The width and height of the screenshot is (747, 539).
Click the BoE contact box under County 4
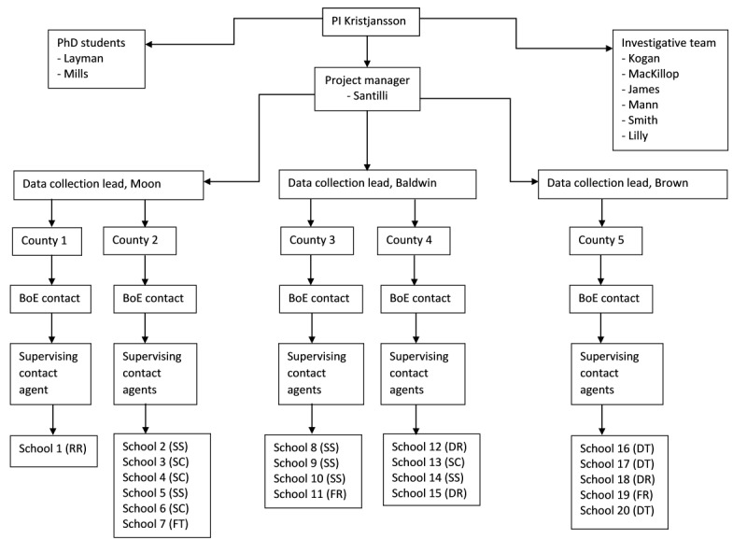pos(418,300)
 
